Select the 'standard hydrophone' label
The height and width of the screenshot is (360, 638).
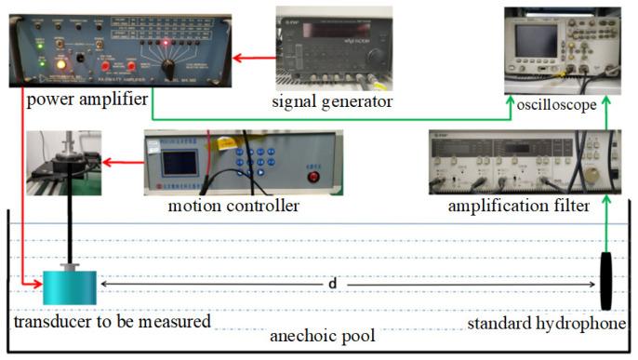pos(550,324)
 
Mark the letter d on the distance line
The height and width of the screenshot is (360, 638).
pos(332,281)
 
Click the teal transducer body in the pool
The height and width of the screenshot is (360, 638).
pos(69,287)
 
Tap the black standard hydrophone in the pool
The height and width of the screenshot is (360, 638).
pos(606,280)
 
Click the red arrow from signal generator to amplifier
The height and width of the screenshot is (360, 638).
pos(254,58)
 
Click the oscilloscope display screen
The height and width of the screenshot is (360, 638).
pos(536,40)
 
